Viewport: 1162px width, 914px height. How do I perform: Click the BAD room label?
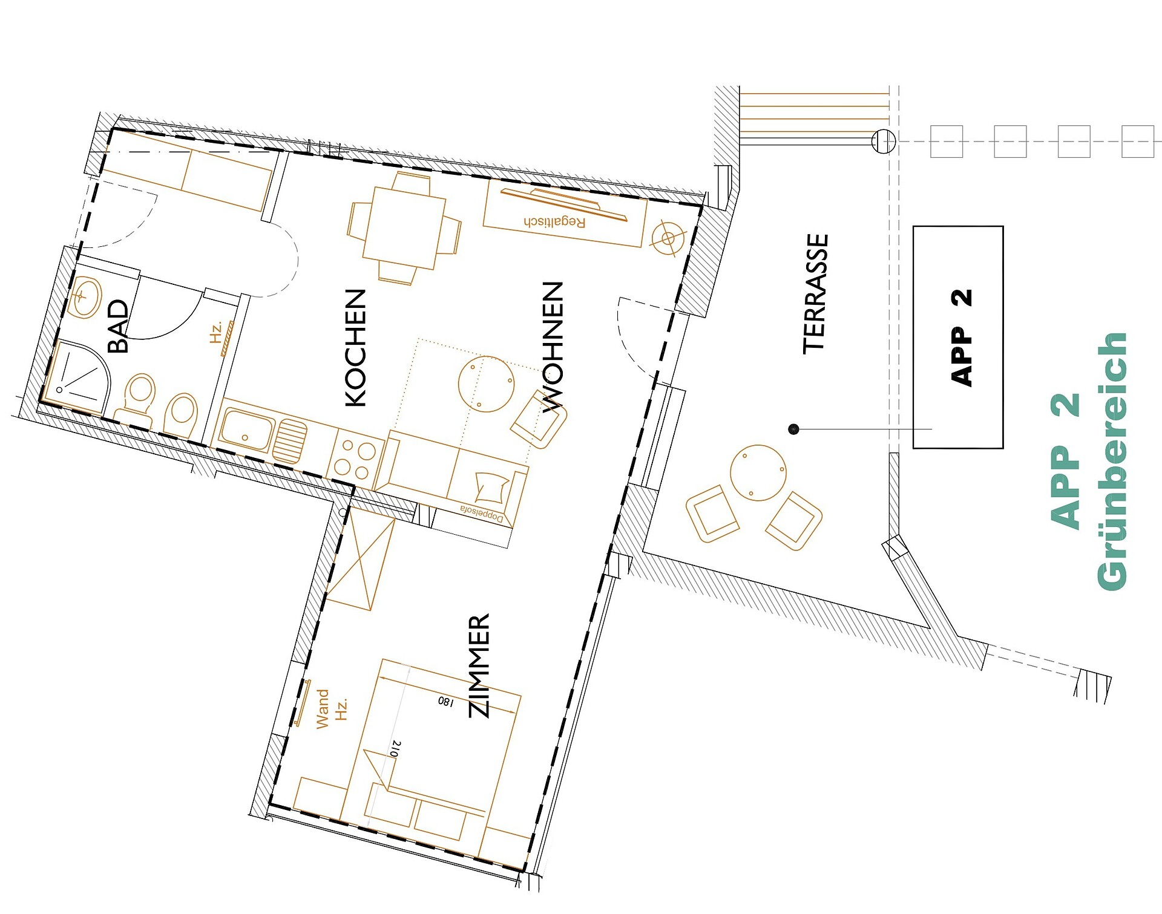(118, 326)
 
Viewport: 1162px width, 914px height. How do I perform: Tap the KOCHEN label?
(356, 348)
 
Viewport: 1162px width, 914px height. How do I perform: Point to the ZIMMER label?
(479, 666)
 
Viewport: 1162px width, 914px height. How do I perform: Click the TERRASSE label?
(815, 294)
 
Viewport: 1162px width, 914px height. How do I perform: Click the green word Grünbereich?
(1112, 461)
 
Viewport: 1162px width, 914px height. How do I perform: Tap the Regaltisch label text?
(555, 221)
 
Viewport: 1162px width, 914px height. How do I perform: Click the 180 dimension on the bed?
(445, 701)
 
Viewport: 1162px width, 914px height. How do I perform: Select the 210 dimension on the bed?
(396, 749)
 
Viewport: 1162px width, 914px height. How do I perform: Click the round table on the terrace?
(758, 473)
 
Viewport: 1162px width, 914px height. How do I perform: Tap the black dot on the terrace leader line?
(795, 429)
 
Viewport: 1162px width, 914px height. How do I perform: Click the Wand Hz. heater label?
(332, 708)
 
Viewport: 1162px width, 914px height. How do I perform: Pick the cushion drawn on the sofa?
(491, 487)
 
